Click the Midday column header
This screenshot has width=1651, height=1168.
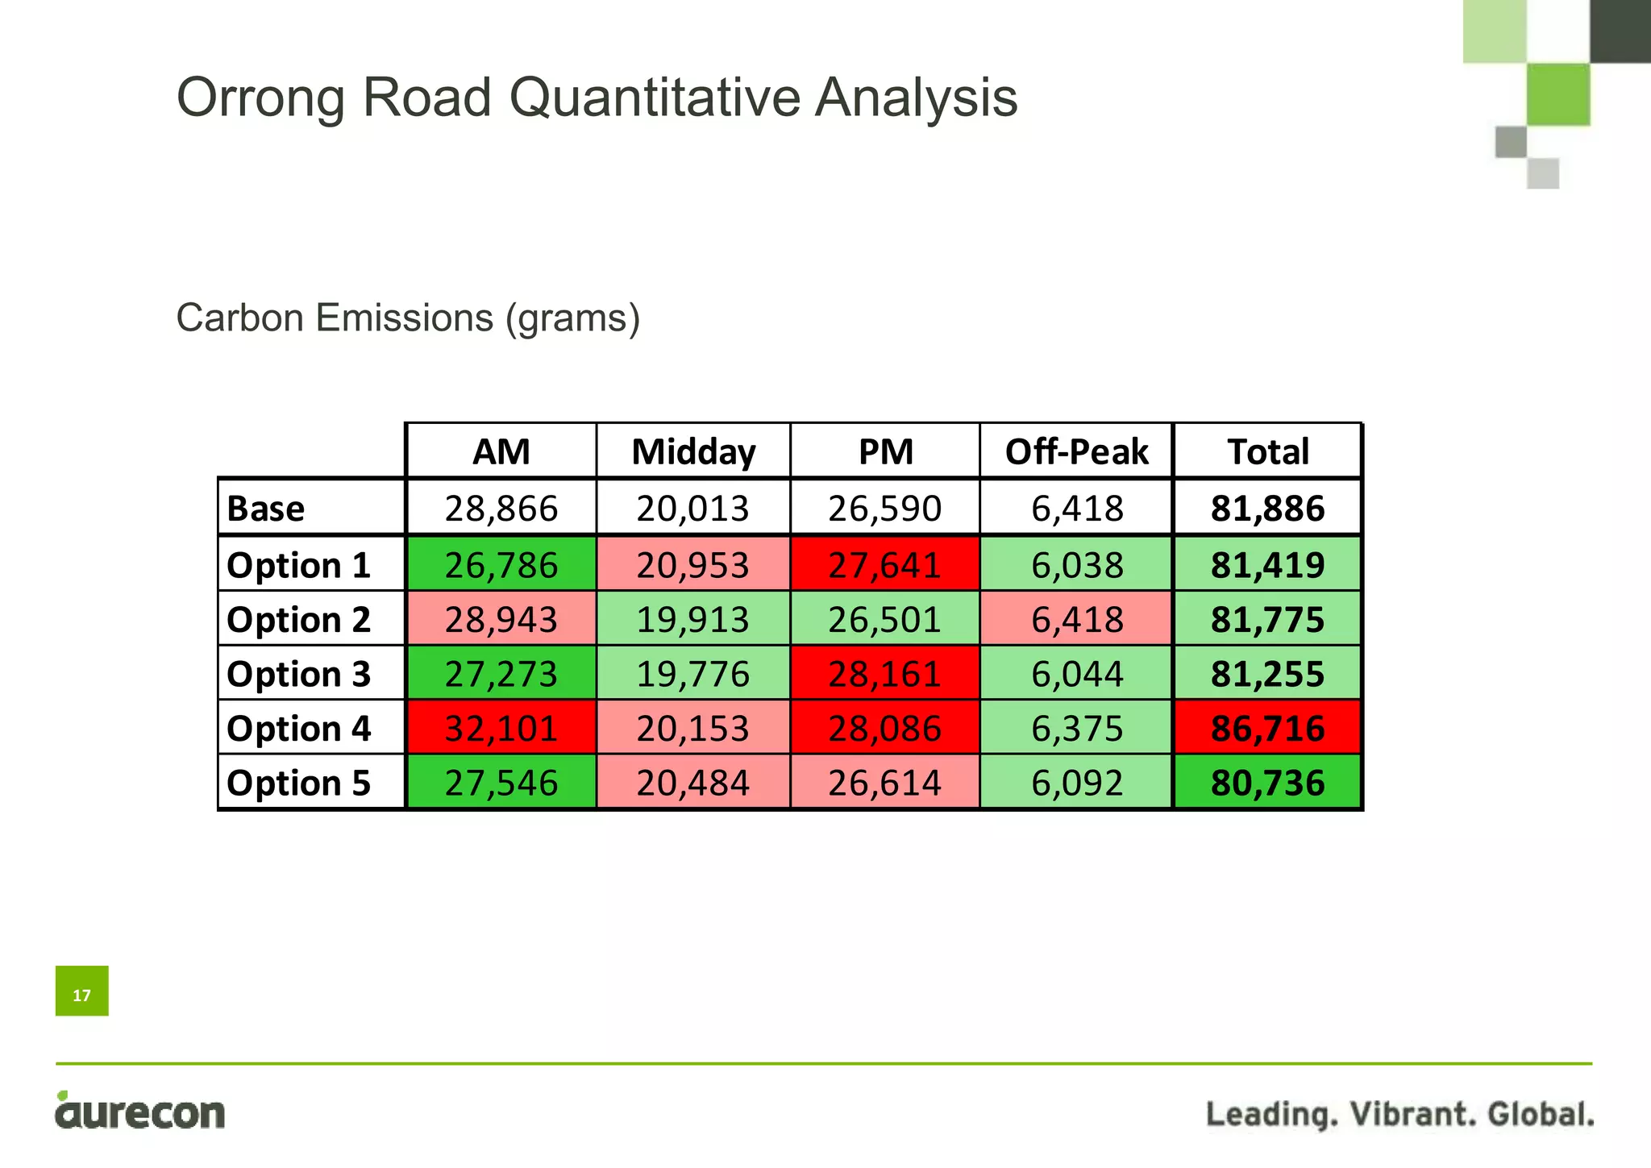(x=693, y=451)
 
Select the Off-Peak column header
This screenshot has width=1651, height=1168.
(x=1076, y=451)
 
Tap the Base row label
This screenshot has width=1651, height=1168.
(x=266, y=509)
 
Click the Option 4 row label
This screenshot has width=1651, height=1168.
(x=299, y=729)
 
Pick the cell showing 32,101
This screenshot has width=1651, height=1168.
(x=501, y=729)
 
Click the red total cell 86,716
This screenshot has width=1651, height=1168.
(x=1267, y=729)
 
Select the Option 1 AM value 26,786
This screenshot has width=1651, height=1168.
(x=501, y=565)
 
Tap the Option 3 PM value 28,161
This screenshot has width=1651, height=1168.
(x=884, y=674)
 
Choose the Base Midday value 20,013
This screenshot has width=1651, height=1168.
(x=692, y=509)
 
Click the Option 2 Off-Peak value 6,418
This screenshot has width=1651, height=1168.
(x=1076, y=620)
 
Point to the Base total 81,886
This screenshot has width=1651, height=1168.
(x=1267, y=509)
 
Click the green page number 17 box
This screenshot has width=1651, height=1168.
(x=82, y=991)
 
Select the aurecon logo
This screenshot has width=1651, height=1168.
(x=140, y=1111)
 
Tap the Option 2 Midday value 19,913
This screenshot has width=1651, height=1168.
(x=692, y=620)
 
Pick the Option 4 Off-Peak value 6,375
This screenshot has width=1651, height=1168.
(x=1076, y=729)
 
